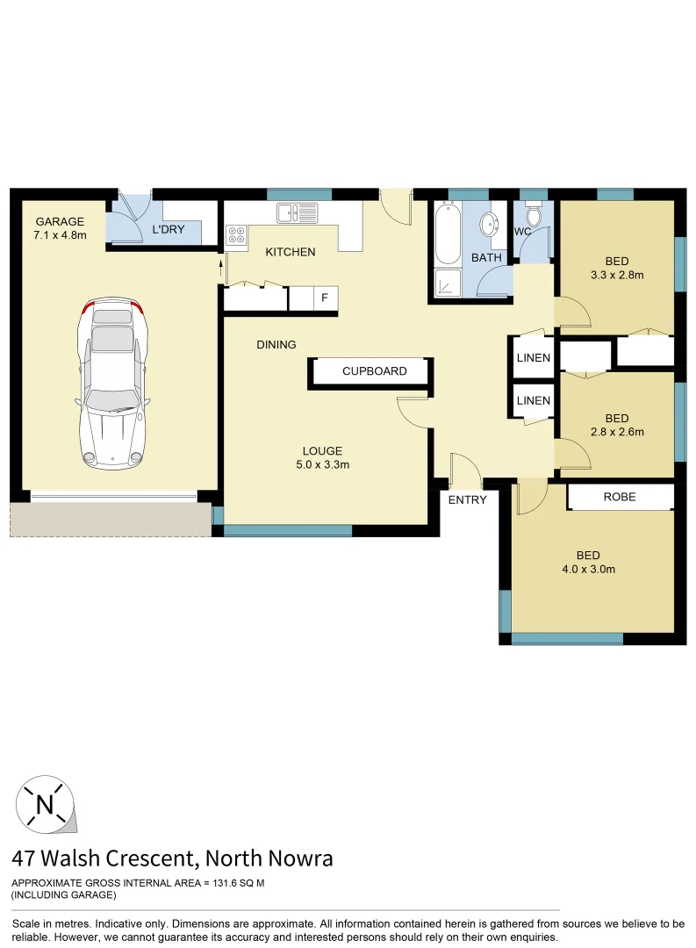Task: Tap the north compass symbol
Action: [45, 803]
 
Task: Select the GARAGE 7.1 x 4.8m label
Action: [60, 228]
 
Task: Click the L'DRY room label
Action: [168, 230]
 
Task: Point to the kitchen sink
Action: [297, 212]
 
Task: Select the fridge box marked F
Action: [325, 298]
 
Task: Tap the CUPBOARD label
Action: [374, 371]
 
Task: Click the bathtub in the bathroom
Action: [448, 233]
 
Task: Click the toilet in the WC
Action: [533, 215]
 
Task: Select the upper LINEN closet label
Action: [534, 357]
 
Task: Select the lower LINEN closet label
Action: [534, 400]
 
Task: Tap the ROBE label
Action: [620, 497]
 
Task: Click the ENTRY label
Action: [467, 499]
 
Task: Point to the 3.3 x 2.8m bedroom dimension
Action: [616, 275]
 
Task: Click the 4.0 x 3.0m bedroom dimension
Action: [587, 569]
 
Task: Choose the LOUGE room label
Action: [324, 451]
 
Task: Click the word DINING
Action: [276, 345]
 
